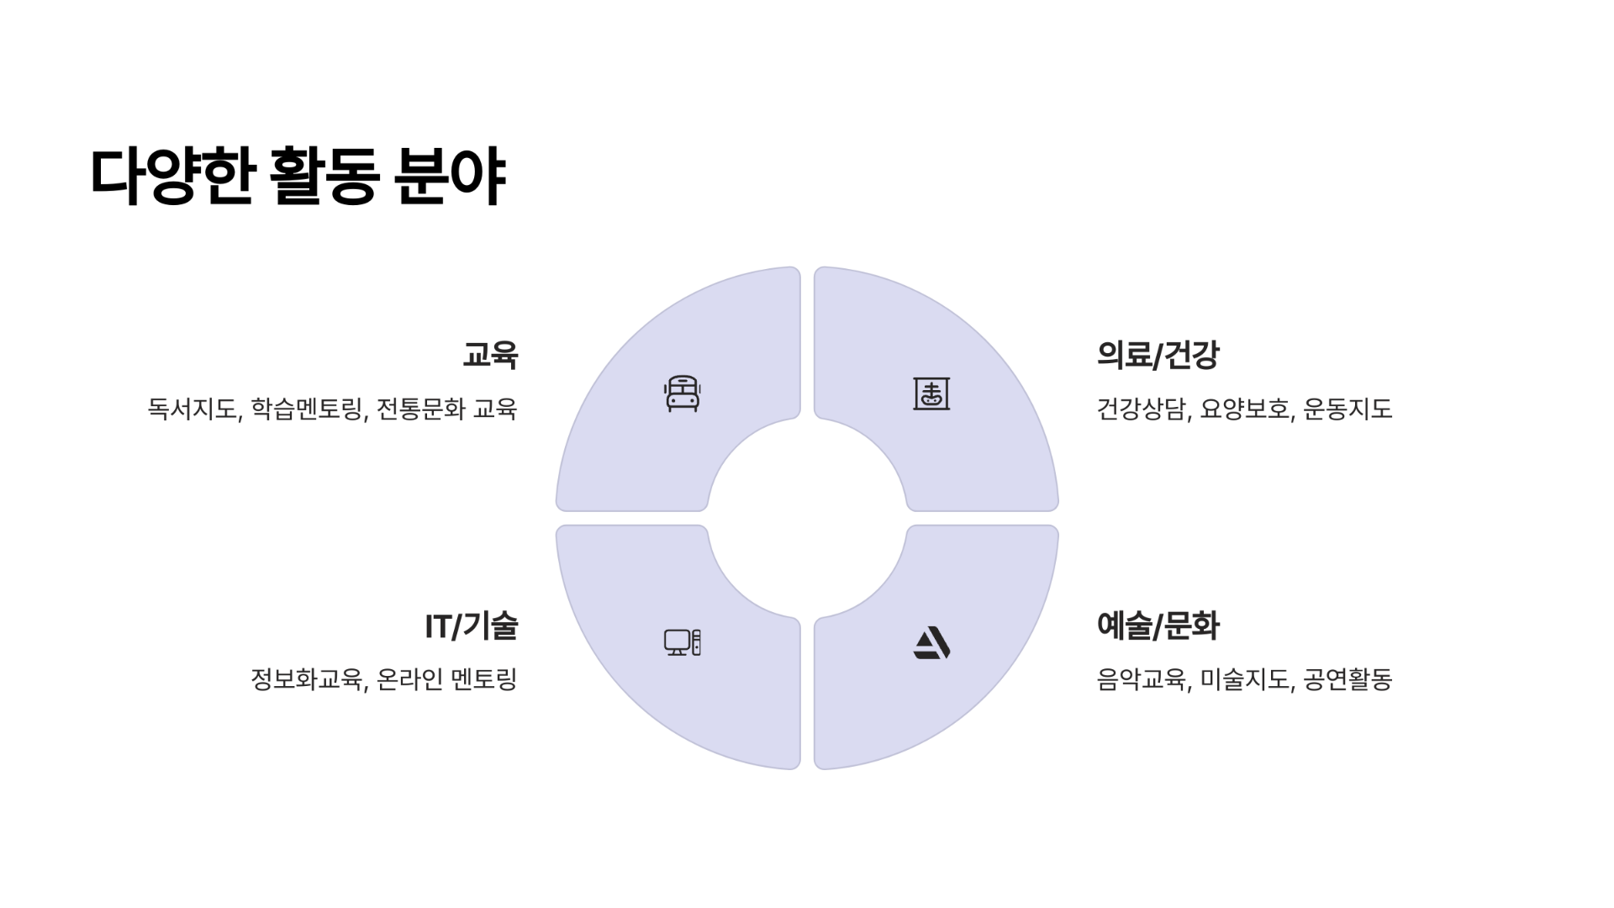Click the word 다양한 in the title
click(x=171, y=177)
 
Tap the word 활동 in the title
click(x=323, y=177)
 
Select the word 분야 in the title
click(x=450, y=177)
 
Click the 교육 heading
click(x=490, y=355)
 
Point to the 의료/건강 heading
click(x=1158, y=355)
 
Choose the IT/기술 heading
click(x=471, y=626)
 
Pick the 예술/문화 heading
click(x=1158, y=626)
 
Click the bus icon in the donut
click(x=682, y=393)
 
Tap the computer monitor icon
click(x=682, y=642)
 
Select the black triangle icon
click(x=931, y=643)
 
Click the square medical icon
click(x=931, y=393)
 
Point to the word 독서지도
click(x=193, y=409)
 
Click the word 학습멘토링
click(x=307, y=409)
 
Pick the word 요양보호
click(x=1245, y=409)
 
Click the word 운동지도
click(x=1348, y=409)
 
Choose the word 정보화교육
click(x=307, y=679)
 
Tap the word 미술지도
click(x=1245, y=679)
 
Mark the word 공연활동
click(x=1348, y=679)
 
